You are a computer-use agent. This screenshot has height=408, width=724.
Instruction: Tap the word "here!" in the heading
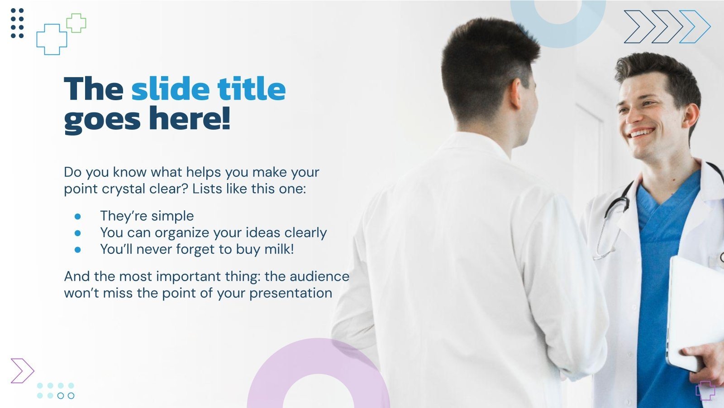[x=190, y=118]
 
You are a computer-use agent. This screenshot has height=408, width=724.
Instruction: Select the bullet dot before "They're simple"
[x=77, y=216]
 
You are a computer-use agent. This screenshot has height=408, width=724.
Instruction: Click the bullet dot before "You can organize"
[x=77, y=233]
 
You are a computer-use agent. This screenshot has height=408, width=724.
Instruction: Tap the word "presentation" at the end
[x=291, y=293]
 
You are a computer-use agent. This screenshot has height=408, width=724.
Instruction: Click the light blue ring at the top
[x=558, y=36]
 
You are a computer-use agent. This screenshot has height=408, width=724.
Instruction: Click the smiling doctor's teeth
[x=642, y=133]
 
